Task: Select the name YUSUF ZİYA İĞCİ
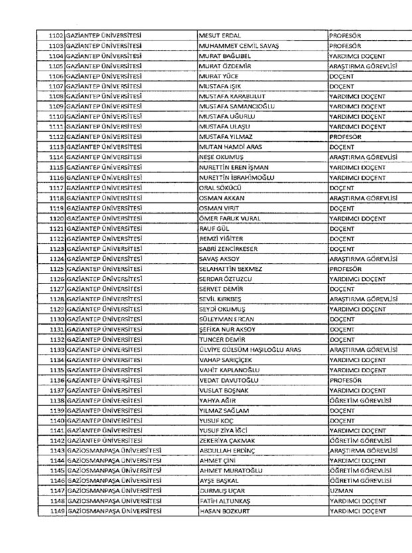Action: [225, 431]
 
